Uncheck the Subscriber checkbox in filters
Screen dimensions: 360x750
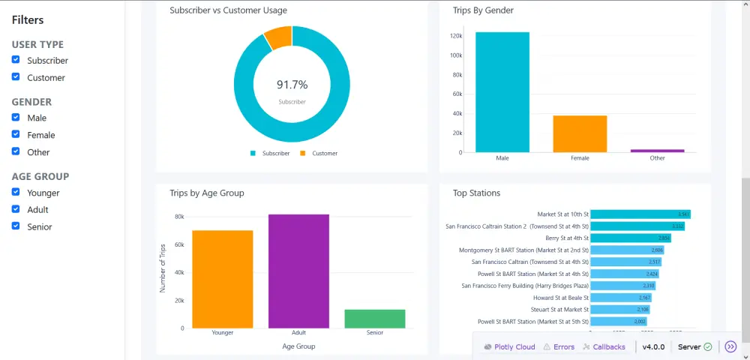tap(16, 60)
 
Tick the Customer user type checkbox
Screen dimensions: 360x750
tap(16, 77)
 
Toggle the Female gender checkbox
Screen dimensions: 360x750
tap(16, 135)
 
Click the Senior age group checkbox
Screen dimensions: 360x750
tap(16, 226)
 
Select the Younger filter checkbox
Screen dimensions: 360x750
tap(16, 193)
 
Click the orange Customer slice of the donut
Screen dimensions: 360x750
tap(278, 37)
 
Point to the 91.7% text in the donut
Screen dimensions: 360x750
tap(292, 85)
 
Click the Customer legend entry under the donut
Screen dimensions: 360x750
tap(319, 153)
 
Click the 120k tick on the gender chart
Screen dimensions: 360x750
tap(455, 36)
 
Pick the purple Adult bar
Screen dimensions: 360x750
tap(298, 271)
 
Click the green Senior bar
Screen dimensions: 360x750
tap(375, 318)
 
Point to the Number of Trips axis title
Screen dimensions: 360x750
tap(163, 267)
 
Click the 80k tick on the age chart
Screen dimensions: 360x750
tap(179, 217)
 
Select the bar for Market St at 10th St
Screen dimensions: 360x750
tap(640, 214)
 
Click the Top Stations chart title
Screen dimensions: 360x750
tap(476, 193)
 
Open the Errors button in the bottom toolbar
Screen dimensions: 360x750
tap(559, 347)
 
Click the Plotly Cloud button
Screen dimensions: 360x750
tap(510, 347)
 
